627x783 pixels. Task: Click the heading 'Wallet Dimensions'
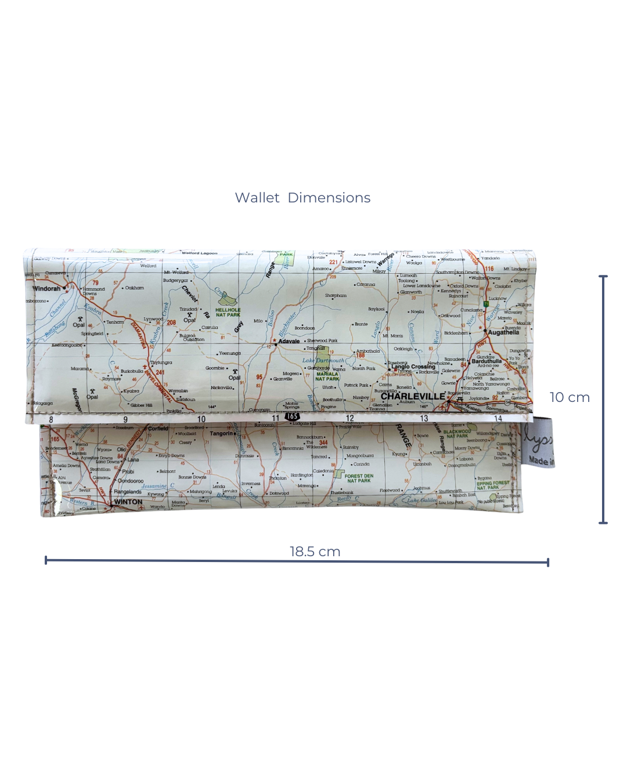click(x=302, y=198)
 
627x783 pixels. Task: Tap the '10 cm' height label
click(x=570, y=397)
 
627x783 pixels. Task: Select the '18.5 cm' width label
click(x=315, y=552)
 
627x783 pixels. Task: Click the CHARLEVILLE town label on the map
click(x=412, y=397)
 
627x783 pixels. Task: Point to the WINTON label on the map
click(x=128, y=502)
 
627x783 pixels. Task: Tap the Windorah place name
click(x=46, y=288)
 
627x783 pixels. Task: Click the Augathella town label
click(x=503, y=332)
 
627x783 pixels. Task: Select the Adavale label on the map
click(x=289, y=341)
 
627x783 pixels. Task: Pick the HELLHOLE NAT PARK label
click(x=228, y=312)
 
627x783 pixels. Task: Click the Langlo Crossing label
click(x=413, y=367)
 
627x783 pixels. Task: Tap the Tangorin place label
click(x=221, y=433)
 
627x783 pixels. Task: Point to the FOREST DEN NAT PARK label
click(x=358, y=478)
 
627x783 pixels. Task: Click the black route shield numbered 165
click(x=292, y=416)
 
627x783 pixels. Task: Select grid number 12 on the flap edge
click(x=349, y=418)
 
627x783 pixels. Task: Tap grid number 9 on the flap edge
click(x=125, y=419)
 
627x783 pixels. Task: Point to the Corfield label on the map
click(x=158, y=429)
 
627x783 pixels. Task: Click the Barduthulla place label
click(x=487, y=361)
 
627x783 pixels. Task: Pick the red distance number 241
click(x=160, y=372)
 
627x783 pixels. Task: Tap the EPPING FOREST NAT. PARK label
click(x=492, y=485)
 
